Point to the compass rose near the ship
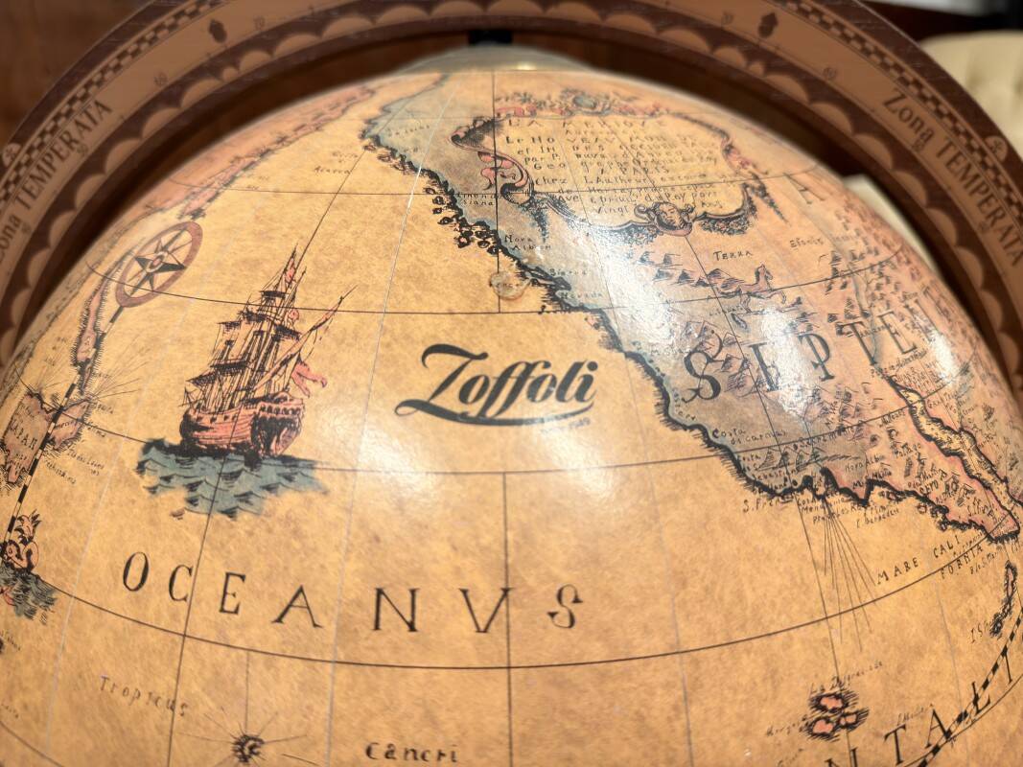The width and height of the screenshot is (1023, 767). pos(158,262)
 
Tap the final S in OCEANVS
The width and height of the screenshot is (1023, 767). pos(565,606)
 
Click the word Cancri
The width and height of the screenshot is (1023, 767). pos(410,752)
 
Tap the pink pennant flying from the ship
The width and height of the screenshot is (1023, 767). pos(309,379)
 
